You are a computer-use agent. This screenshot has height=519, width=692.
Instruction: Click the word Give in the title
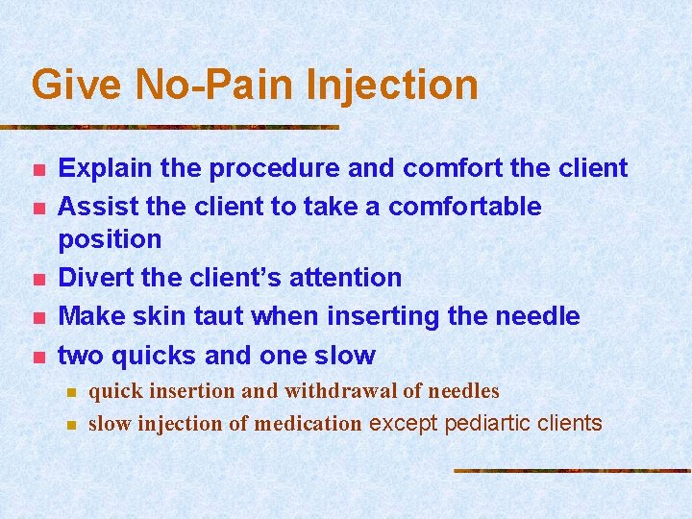point(76,85)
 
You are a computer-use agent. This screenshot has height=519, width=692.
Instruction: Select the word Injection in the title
point(392,85)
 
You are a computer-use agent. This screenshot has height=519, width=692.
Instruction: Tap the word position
point(110,238)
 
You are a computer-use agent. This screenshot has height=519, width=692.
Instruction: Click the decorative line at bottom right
point(572,471)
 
